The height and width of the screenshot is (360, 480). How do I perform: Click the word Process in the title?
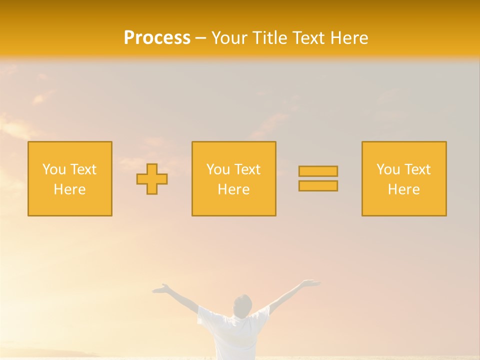(157, 38)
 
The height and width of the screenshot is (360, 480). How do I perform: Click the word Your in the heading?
(230, 38)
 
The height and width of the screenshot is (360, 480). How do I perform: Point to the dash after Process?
(200, 38)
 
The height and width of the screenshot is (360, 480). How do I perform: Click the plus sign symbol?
(152, 179)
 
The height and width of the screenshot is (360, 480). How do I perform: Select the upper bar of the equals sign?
(318, 171)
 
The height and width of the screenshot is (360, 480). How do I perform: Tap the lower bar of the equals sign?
(318, 186)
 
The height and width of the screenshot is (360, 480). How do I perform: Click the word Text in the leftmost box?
(83, 169)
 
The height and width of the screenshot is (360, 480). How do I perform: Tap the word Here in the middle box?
(233, 189)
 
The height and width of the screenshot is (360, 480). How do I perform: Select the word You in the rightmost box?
(388, 169)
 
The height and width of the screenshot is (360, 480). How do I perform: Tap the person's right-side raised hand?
(310, 283)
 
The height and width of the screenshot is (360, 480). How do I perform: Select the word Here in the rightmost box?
(404, 189)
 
